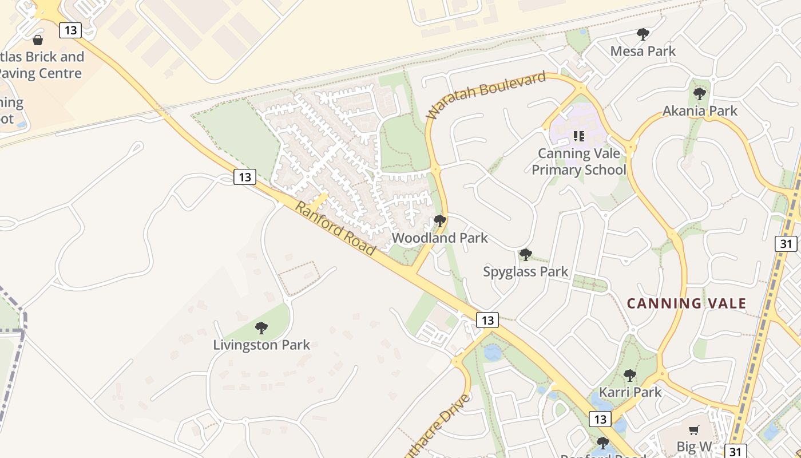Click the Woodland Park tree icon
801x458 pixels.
[x=440, y=220]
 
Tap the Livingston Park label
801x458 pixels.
[x=261, y=345]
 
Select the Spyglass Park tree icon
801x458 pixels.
[x=525, y=254]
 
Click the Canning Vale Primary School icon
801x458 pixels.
[x=578, y=136]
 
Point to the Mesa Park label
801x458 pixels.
[x=643, y=51]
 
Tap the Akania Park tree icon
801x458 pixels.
[x=699, y=93]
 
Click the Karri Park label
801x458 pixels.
[x=630, y=392]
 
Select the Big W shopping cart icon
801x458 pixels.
[x=693, y=430]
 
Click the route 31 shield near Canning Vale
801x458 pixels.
[x=786, y=244]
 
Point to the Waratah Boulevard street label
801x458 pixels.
[x=486, y=95]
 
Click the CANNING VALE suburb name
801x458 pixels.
[x=687, y=303]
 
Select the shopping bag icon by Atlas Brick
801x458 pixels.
[x=38, y=40]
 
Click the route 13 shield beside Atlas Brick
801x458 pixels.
[x=70, y=30]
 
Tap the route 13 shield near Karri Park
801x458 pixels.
[x=600, y=420]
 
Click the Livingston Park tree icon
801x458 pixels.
[x=261, y=328]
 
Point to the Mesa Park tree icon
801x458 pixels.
[x=643, y=34]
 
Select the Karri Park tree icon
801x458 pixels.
[x=629, y=376]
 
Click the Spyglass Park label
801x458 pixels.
[x=525, y=271]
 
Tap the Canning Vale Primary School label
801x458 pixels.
[x=578, y=161]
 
